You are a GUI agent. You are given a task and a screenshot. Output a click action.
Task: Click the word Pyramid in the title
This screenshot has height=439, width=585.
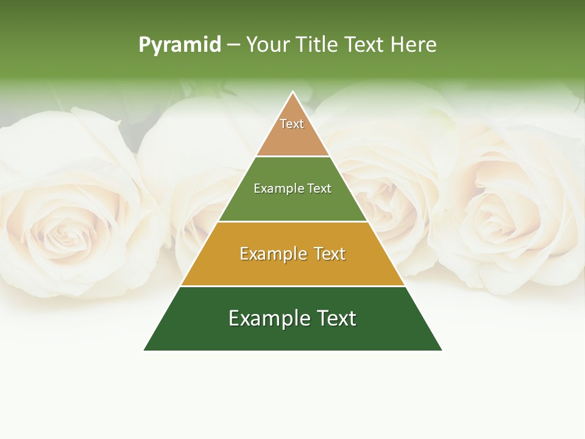[180, 45]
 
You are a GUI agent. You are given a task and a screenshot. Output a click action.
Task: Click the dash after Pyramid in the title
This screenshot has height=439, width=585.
[233, 45]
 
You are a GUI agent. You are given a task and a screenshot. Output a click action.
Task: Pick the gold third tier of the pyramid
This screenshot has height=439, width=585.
[292, 268]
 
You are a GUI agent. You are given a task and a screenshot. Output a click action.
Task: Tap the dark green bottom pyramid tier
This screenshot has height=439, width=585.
[292, 335]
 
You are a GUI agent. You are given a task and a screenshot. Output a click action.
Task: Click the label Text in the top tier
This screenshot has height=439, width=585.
[292, 124]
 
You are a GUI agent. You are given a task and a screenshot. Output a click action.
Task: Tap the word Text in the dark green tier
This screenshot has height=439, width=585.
[336, 318]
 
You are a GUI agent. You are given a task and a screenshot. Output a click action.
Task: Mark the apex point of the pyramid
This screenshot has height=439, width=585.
[293, 92]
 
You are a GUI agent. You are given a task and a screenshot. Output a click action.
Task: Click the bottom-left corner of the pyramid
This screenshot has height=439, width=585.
[144, 350]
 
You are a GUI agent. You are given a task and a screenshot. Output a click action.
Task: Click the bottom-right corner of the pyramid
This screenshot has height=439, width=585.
[442, 350]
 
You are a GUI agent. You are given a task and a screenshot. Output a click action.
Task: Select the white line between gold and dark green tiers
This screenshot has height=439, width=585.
[292, 286]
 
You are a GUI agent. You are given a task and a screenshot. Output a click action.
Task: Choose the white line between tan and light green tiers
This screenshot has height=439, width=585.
[292, 156]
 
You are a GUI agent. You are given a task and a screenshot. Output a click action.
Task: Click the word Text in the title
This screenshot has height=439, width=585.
[366, 45]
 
